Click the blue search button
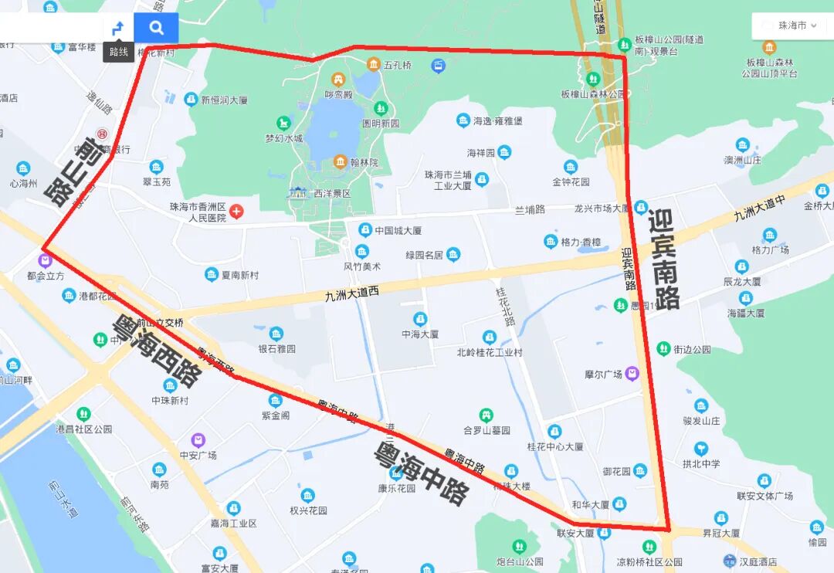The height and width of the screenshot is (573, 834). coord(156,29)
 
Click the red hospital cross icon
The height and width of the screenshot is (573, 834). coord(236,211)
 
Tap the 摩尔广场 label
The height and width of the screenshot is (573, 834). coord(604,375)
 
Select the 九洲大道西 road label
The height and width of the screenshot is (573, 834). coord(352,294)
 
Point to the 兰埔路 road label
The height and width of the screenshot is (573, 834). coord(530,209)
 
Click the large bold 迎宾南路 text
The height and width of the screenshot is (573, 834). coord(664,259)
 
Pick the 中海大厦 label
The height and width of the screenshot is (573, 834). coord(420,334)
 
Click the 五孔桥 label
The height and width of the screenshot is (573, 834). coord(398,65)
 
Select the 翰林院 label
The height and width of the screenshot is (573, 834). coord(363,163)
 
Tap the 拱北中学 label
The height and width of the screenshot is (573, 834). coord(701,464)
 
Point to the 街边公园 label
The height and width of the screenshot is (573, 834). coord(692,349)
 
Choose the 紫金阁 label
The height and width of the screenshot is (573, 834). coord(276,415)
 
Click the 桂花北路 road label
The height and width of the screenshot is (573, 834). coord(506,307)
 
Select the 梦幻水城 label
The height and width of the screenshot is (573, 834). coord(284,138)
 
